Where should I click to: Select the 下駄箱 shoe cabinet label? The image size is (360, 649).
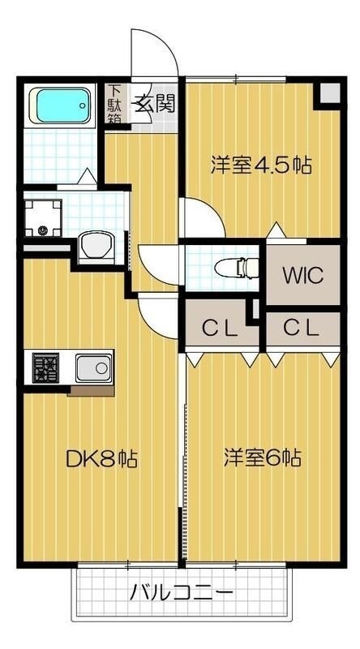point(114,104)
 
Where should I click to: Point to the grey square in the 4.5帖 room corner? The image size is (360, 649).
point(328,94)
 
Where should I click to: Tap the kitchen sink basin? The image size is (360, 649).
point(93,369)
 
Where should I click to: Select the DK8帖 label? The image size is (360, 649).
point(101,460)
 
